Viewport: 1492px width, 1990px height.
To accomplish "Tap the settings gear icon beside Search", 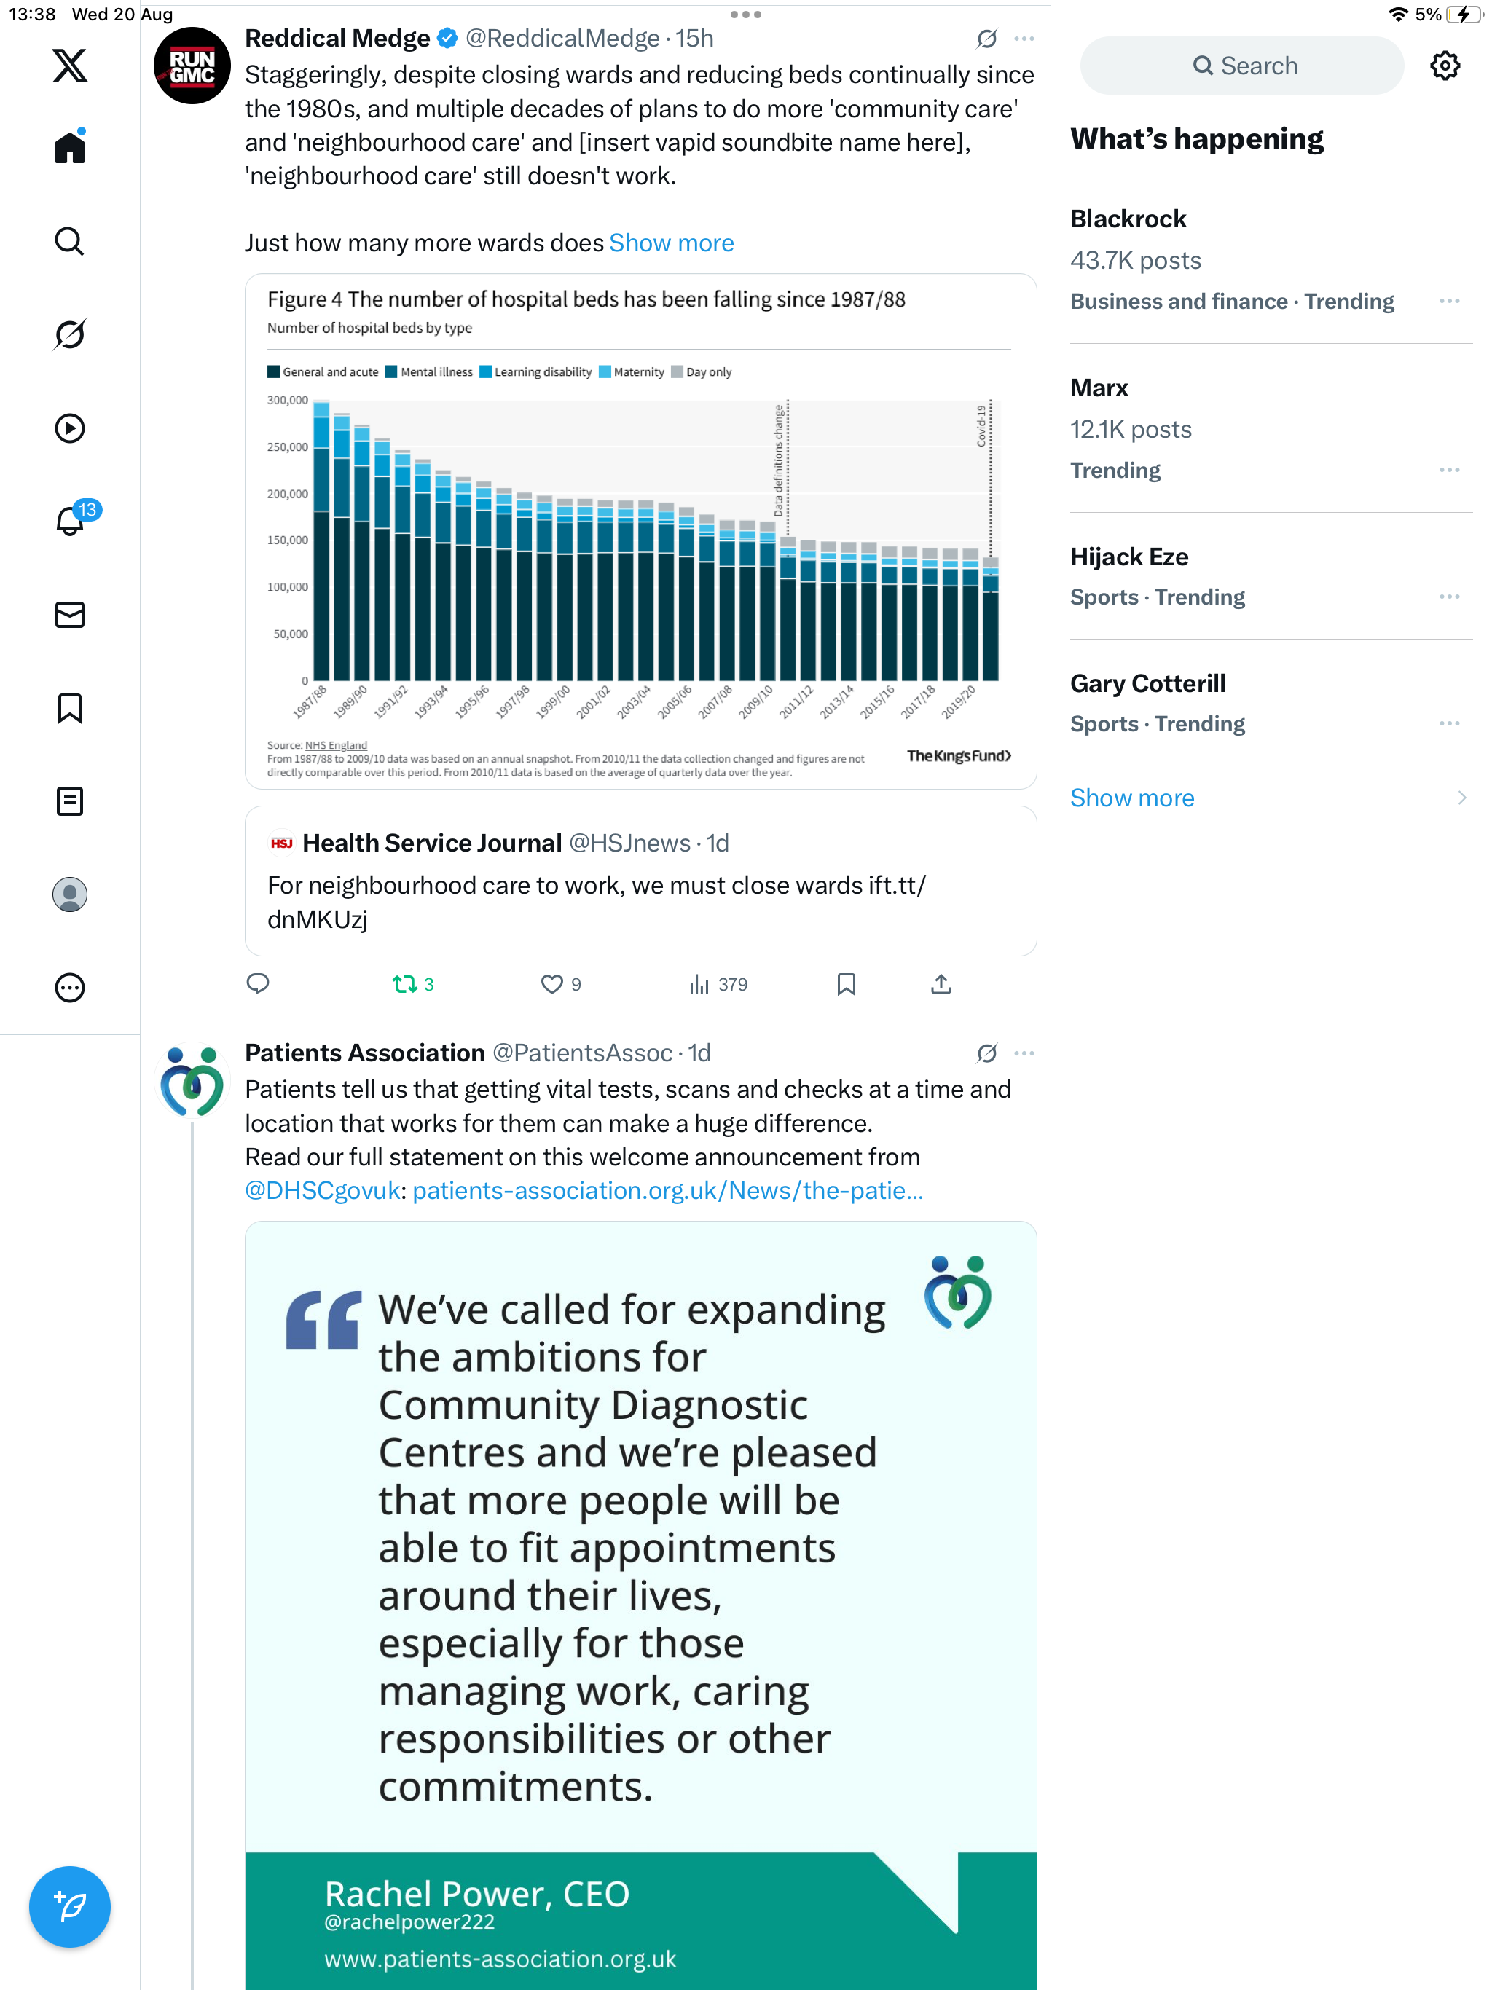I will (1445, 66).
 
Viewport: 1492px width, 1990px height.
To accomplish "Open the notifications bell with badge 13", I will (70, 521).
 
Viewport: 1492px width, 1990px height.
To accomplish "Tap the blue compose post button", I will (69, 1906).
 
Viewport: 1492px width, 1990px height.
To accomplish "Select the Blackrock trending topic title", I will (1128, 219).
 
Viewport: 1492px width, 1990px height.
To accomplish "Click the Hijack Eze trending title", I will (1128, 557).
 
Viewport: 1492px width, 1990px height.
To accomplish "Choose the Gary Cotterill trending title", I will (1147, 684).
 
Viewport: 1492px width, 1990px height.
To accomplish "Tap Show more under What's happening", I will (1132, 798).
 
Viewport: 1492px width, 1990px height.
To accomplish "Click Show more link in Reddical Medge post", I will (671, 243).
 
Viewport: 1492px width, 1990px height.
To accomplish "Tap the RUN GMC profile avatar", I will (192, 66).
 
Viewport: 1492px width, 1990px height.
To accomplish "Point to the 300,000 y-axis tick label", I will (288, 401).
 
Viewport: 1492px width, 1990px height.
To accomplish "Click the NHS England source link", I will (336, 745).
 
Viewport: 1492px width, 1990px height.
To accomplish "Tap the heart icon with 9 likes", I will (551, 984).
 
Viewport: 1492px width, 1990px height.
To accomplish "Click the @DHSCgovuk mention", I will (322, 1190).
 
